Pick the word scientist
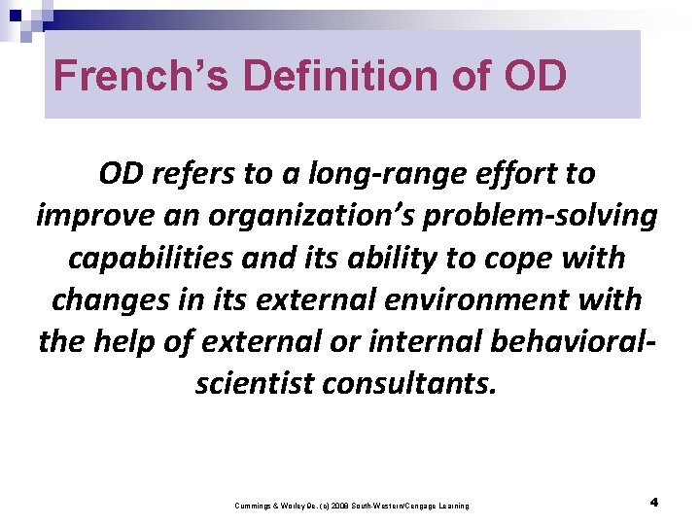pos(255,383)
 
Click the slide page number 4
pos(654,503)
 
